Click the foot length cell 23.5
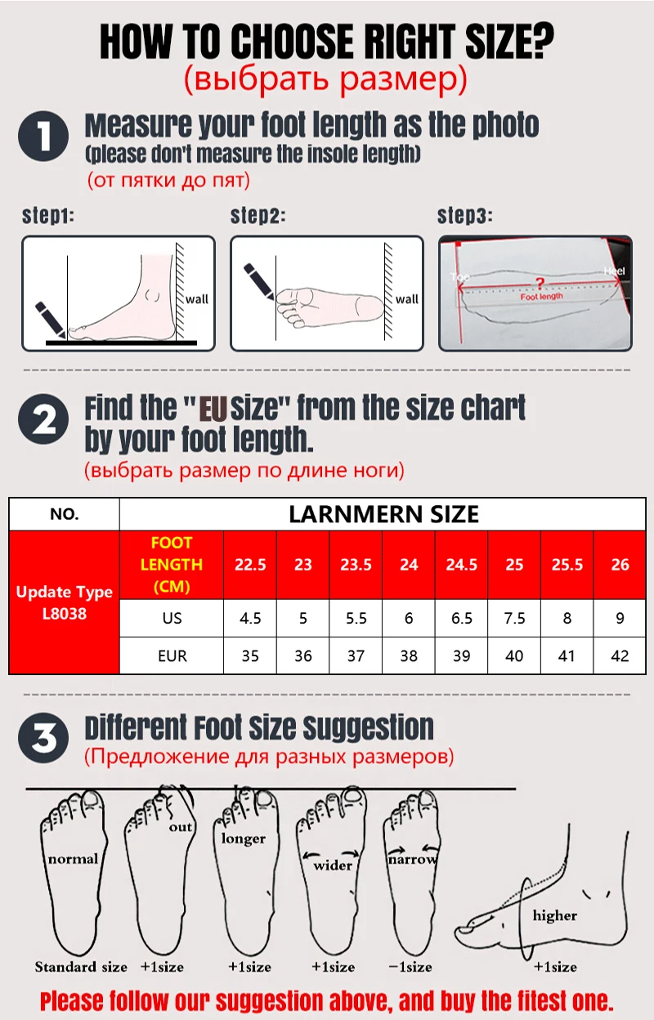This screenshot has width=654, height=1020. click(x=356, y=565)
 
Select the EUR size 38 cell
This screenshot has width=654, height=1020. click(x=409, y=655)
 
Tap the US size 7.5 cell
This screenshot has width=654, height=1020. click(x=514, y=618)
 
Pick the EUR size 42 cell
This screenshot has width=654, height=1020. click(x=620, y=655)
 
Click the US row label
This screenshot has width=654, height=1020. click(x=172, y=618)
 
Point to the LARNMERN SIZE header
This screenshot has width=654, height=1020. click(x=383, y=514)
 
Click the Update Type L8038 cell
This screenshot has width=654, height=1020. click(x=65, y=602)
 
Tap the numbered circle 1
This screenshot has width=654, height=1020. click(x=43, y=136)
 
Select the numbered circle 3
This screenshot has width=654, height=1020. click(x=43, y=738)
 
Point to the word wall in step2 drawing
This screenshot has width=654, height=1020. click(x=406, y=299)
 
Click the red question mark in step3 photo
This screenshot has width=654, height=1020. click(x=540, y=284)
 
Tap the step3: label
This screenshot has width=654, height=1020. click(x=464, y=216)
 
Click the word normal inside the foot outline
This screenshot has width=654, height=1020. click(x=73, y=859)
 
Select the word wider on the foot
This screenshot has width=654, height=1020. click(x=333, y=865)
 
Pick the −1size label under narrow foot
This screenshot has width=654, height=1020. click(x=410, y=966)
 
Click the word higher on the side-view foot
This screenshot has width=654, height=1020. click(x=555, y=915)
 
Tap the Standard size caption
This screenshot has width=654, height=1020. click(x=81, y=966)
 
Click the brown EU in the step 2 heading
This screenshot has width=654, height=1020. click(x=213, y=409)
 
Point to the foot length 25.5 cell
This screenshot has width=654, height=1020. click(x=567, y=565)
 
